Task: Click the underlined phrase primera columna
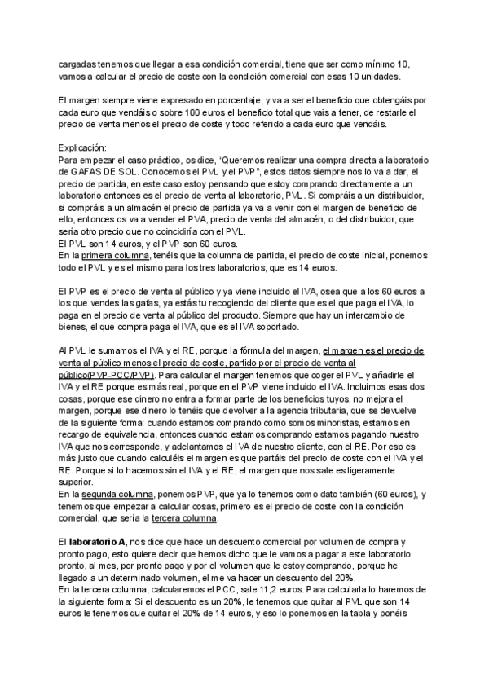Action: click(110, 255)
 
